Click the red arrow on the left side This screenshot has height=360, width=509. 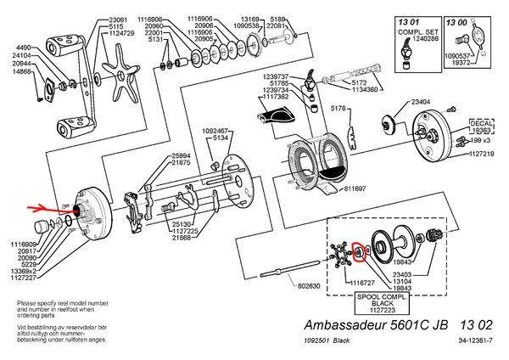click(45, 207)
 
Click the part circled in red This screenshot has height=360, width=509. click(359, 251)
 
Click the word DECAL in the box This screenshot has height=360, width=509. click(480, 123)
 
